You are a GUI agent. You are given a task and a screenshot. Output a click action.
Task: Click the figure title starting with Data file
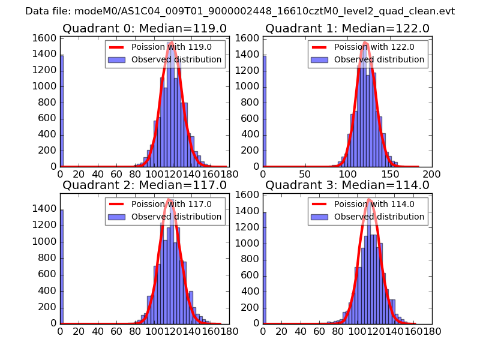(x=240, y=11)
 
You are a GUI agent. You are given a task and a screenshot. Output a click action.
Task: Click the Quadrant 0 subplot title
(x=145, y=28)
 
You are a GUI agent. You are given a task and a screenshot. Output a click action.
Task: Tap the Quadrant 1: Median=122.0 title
(x=347, y=28)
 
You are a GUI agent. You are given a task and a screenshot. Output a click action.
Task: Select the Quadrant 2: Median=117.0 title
(x=145, y=185)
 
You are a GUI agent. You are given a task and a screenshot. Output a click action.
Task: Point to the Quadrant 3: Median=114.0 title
(x=347, y=185)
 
